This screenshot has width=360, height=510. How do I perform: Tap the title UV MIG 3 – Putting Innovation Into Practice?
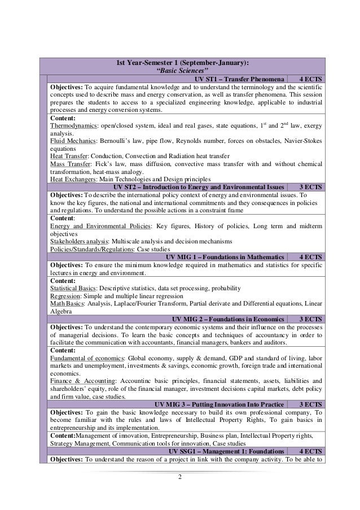pos(218,404)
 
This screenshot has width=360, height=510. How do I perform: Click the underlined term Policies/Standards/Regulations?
pos(87,248)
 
